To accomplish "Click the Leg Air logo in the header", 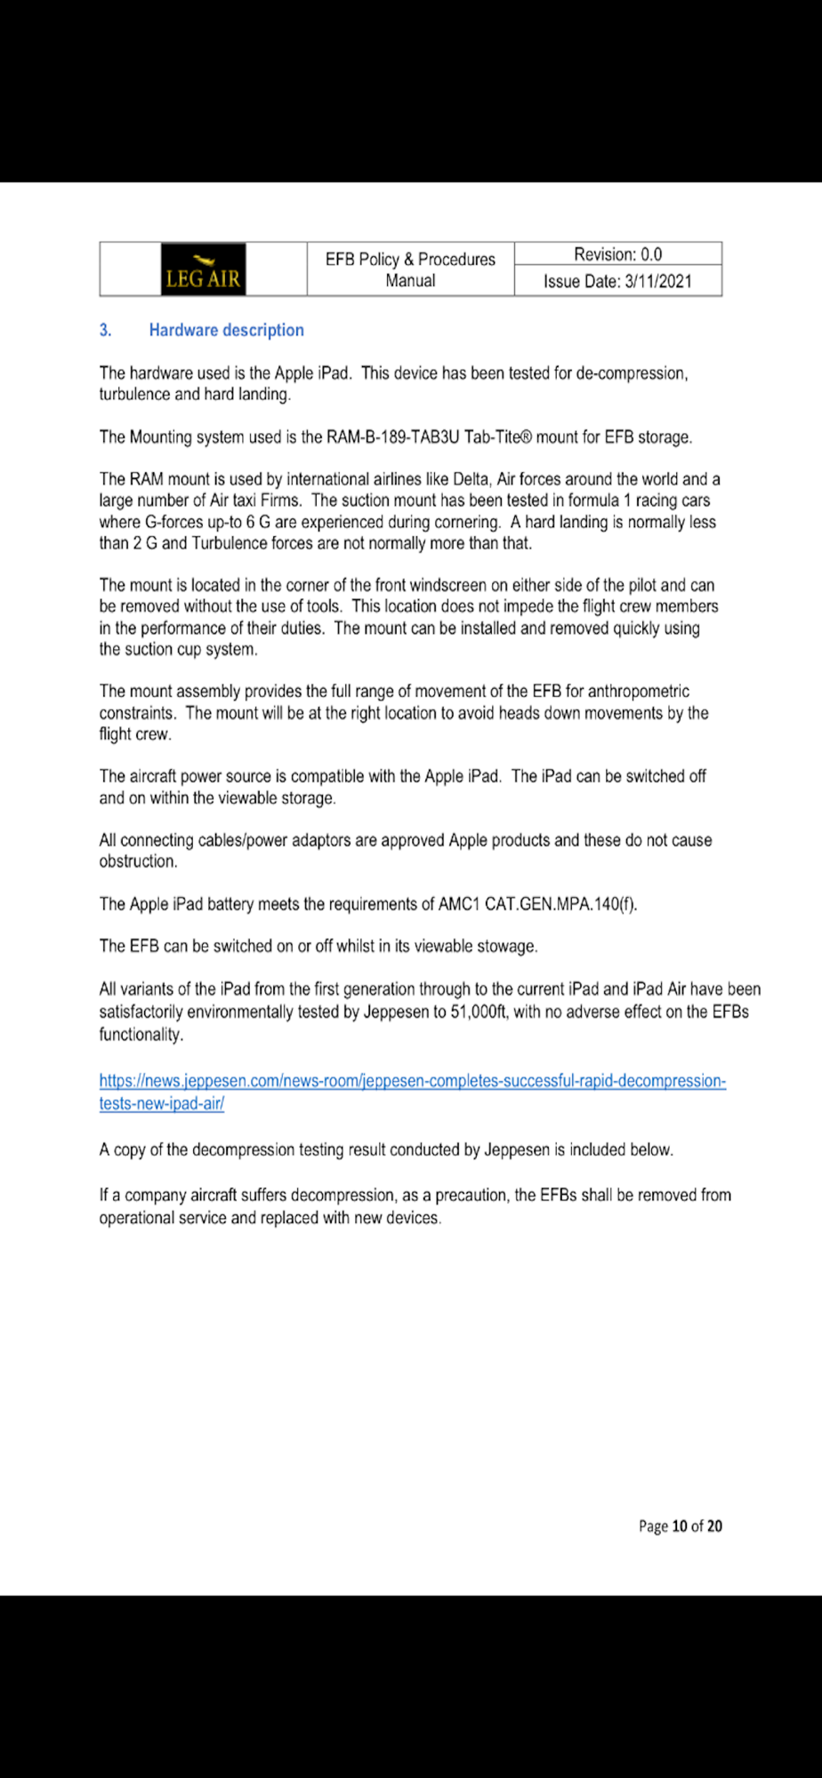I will [x=203, y=269].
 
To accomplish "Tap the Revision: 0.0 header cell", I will [x=617, y=254].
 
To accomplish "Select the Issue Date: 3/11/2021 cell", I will [x=617, y=282].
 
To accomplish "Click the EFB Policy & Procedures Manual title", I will [x=410, y=269].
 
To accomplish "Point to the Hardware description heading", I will [x=226, y=330].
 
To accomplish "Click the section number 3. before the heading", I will [x=106, y=330].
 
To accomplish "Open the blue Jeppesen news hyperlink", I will [x=412, y=1081].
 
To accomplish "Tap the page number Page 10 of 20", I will [x=680, y=1526].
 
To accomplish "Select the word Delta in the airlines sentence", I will [x=470, y=479].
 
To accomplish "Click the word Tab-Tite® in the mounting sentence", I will [x=498, y=437].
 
